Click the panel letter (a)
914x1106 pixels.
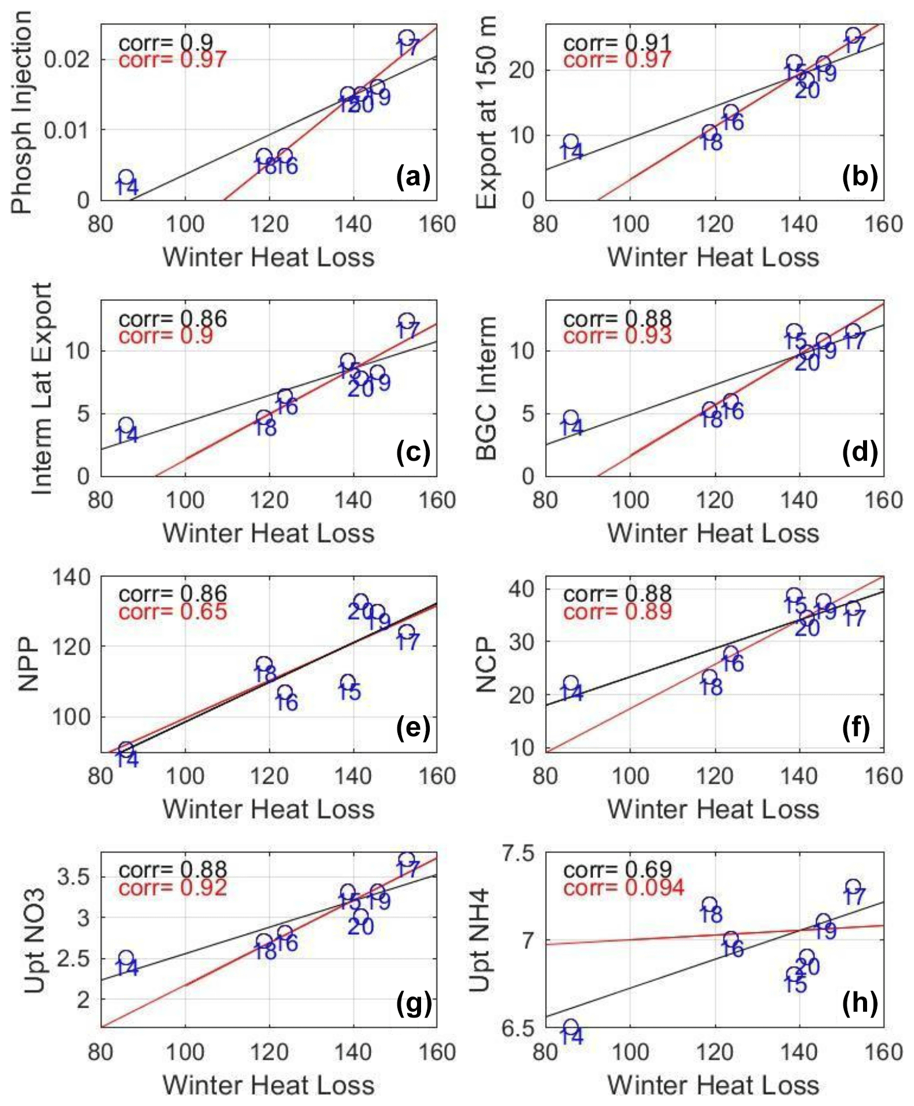[x=412, y=178]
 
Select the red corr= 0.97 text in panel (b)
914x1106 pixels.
[x=617, y=60]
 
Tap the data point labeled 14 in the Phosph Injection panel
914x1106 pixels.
[x=126, y=178]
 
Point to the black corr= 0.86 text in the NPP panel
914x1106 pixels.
[x=173, y=594]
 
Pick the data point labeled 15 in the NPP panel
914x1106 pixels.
[x=348, y=683]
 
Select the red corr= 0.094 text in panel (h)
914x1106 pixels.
[x=623, y=888]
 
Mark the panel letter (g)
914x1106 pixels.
[x=414, y=1004]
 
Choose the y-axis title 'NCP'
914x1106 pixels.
[x=487, y=664]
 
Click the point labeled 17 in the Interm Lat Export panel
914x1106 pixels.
[x=407, y=321]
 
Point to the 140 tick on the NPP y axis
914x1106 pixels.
[x=71, y=577]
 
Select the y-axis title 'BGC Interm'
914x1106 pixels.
[x=487, y=388]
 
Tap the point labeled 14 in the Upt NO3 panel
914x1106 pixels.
[x=126, y=959]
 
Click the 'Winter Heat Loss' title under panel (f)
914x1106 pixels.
[x=714, y=809]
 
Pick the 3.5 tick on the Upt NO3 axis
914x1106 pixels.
[x=73, y=877]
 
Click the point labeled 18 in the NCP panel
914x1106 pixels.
[x=710, y=677]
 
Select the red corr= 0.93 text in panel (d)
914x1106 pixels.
[x=617, y=336]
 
